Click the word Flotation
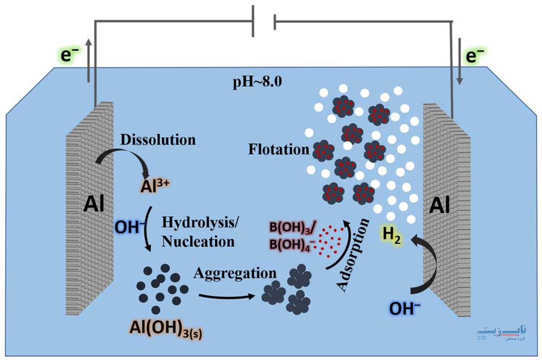[279, 149]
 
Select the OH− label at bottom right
[406, 308]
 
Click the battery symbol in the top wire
[264, 22]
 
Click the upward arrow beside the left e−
[88, 60]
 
